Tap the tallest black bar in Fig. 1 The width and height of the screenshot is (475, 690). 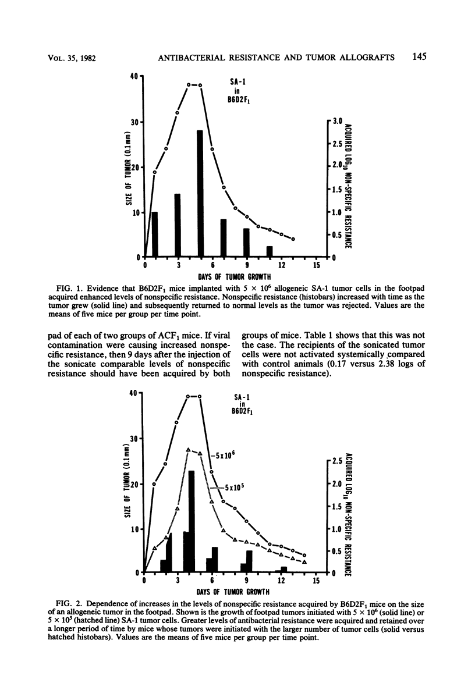200,192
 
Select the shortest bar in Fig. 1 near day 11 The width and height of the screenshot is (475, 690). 270,251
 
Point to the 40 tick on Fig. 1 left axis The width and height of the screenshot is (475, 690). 134,76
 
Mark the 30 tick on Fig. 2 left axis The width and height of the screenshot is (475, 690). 134,438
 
